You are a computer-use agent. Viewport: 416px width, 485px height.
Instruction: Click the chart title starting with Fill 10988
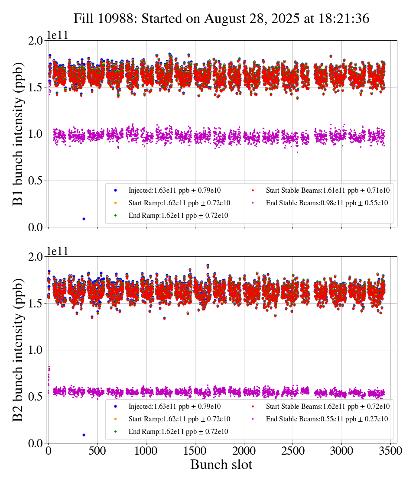point(221,19)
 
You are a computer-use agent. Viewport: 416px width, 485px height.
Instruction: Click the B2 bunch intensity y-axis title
point(18,349)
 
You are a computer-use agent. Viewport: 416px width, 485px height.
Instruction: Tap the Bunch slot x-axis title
point(221,465)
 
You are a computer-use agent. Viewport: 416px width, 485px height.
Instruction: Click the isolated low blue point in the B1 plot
point(84,219)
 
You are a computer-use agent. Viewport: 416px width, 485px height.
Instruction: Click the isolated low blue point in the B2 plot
point(84,435)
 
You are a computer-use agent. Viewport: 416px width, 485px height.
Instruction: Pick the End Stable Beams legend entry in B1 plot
point(321,203)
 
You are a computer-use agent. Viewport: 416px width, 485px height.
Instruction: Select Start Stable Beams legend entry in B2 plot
point(321,406)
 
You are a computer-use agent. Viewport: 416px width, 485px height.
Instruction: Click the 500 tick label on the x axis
point(97,451)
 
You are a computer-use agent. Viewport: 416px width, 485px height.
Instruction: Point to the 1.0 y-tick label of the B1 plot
point(37,134)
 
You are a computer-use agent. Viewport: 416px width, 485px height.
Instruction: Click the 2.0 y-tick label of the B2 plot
point(37,257)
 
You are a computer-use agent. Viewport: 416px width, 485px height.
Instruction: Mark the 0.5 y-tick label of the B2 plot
point(37,397)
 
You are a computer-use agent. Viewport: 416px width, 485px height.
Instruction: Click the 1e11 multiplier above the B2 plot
point(58,252)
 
